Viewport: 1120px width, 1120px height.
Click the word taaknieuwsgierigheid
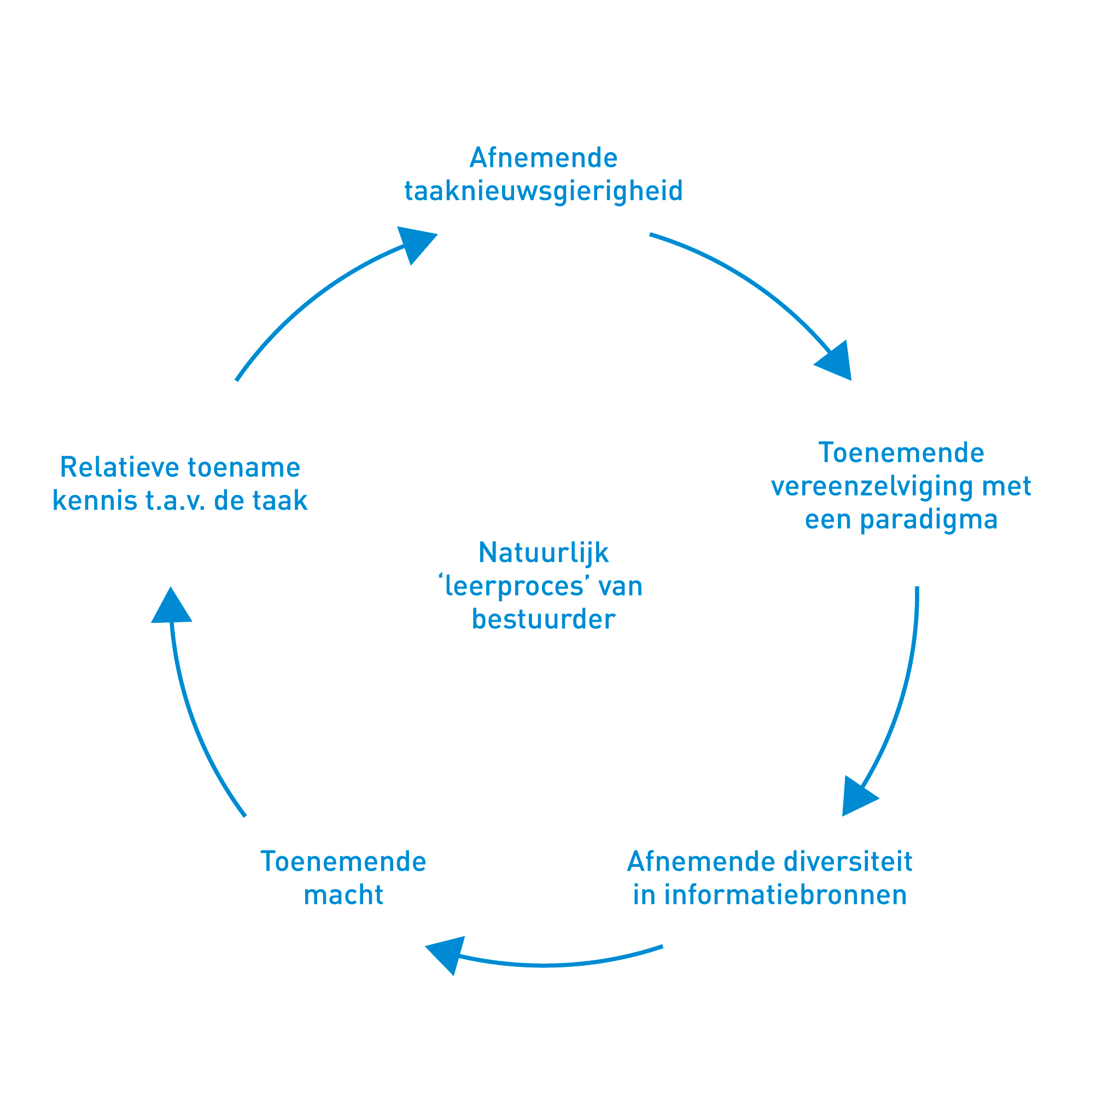tap(543, 191)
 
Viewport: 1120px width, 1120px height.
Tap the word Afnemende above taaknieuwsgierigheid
tap(543, 157)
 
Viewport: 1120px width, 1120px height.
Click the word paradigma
tap(929, 520)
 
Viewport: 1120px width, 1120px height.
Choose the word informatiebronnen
tap(785, 895)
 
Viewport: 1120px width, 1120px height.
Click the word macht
tap(343, 895)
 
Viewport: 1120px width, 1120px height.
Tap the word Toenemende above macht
tap(343, 861)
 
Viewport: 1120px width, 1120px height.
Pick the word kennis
tap(94, 501)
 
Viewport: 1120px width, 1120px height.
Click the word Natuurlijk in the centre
tap(543, 552)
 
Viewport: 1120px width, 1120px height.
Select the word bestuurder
tap(543, 619)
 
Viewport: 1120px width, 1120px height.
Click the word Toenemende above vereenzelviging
tap(901, 453)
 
